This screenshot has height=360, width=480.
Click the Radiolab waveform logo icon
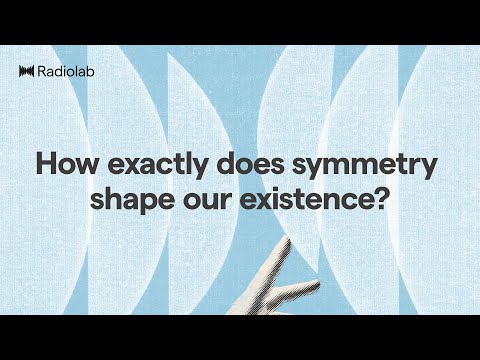point(27,70)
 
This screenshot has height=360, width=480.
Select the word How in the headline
point(61,163)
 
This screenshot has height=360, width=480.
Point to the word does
point(239,163)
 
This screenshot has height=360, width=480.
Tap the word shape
point(126,198)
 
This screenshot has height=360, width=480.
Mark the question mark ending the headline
point(381,196)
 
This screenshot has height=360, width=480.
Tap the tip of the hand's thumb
point(318,283)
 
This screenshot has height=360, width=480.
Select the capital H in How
point(45,163)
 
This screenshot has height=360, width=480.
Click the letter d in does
point(214,163)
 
